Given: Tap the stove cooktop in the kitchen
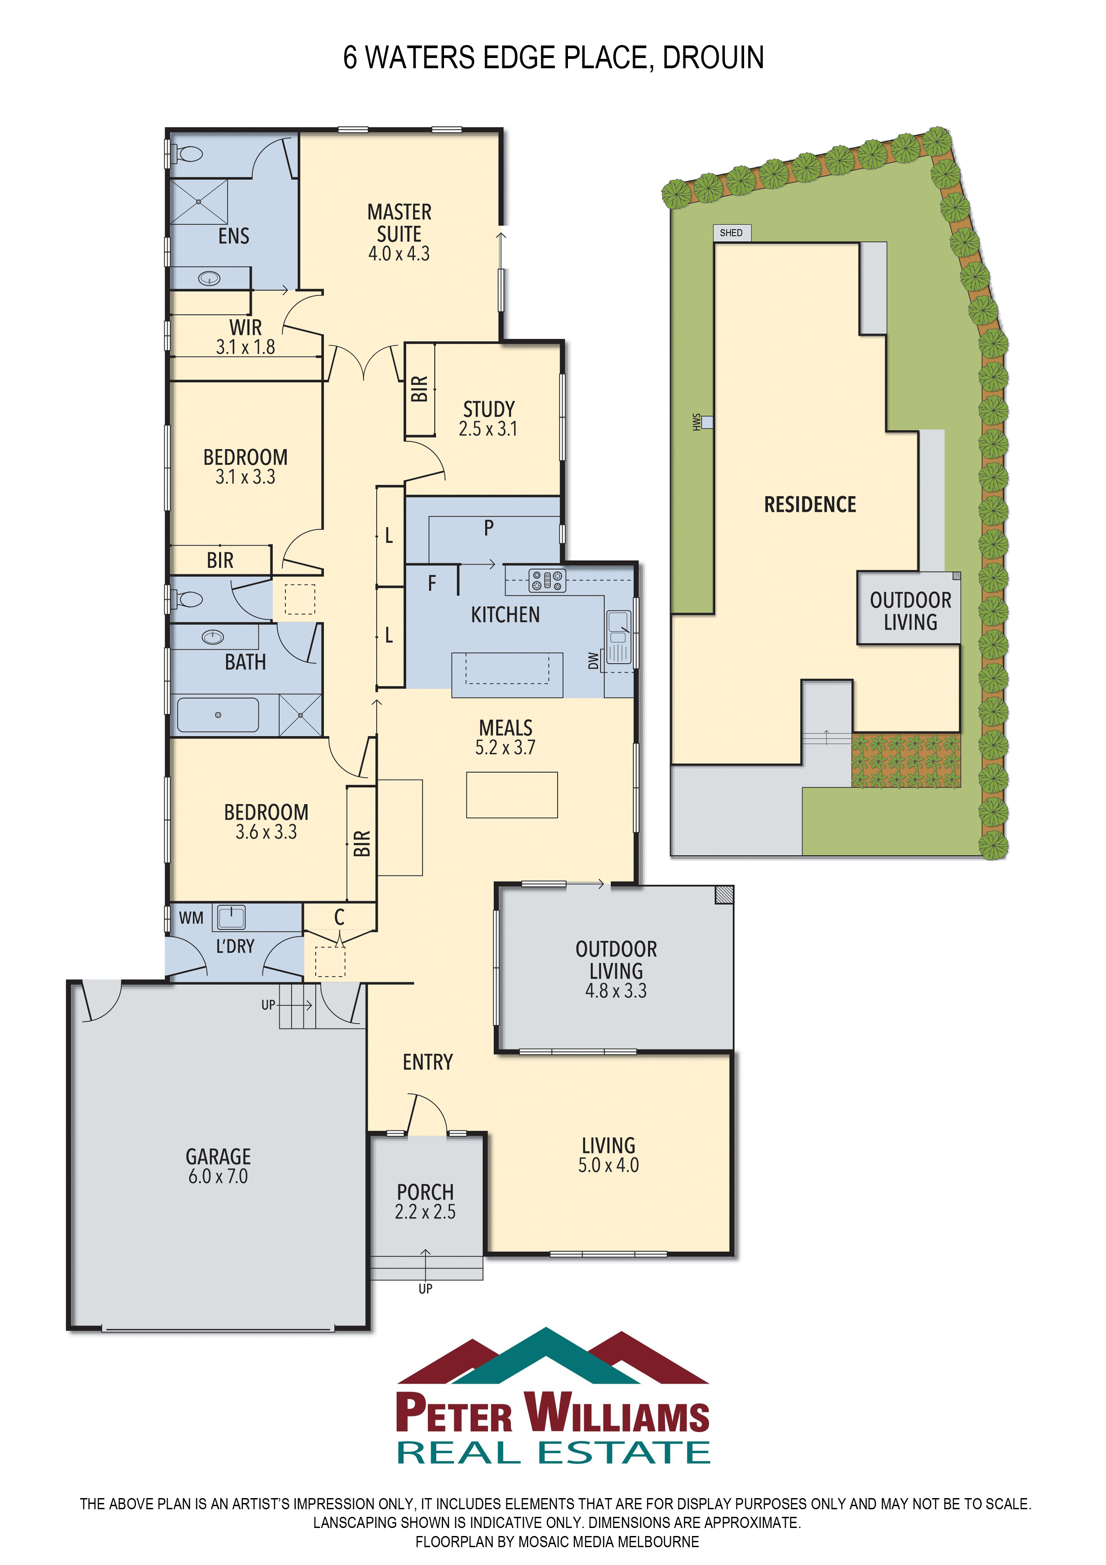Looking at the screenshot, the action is point(548,580).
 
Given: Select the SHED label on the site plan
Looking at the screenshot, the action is point(731,232).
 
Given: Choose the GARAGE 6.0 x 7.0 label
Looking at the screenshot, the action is point(218,1166).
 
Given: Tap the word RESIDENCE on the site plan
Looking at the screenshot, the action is point(810,504).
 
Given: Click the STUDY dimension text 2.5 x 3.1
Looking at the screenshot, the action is point(488,429).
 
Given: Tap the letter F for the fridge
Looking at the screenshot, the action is point(432,583).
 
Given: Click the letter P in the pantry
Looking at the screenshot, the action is point(489,528).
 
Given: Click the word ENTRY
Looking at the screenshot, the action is point(428,1062).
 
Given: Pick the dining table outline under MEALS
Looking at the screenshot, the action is point(512,795).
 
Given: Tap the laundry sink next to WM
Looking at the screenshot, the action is point(231,917).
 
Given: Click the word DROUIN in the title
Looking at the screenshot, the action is point(713,57).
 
